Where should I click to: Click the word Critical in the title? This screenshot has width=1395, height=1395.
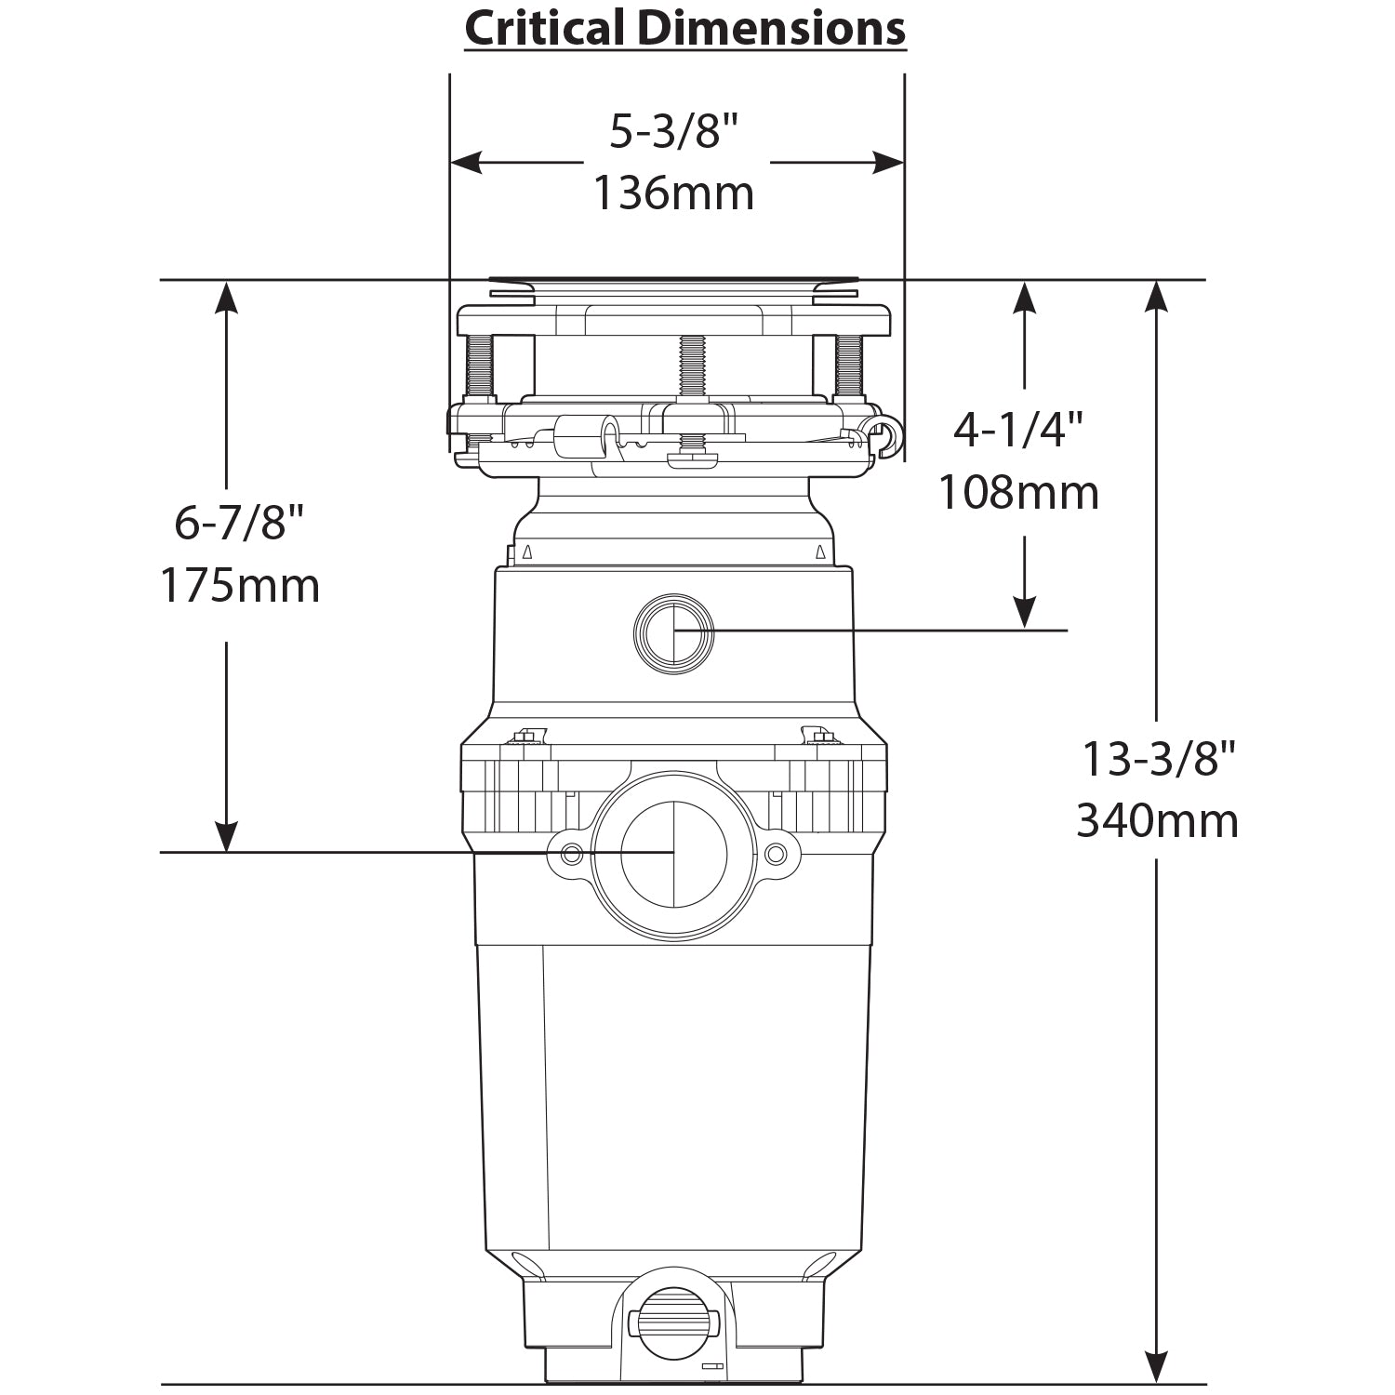pyautogui.click(x=545, y=29)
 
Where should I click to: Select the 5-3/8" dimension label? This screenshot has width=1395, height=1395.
pyautogui.click(x=673, y=132)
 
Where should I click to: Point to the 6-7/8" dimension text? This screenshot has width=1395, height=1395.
pyautogui.click(x=239, y=524)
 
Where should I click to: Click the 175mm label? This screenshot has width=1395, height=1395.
pyautogui.click(x=239, y=586)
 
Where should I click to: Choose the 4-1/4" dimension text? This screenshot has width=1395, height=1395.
pyautogui.click(x=1018, y=430)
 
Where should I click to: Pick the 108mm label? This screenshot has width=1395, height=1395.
pyautogui.click(x=1018, y=492)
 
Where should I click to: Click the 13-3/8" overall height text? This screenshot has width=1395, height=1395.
pyautogui.click(x=1157, y=760)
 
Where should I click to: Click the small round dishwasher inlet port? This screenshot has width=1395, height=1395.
pyautogui.click(x=674, y=633)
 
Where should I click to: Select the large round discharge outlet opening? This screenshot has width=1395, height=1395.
pyautogui.click(x=674, y=854)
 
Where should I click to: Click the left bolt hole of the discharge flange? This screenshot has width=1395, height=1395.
pyautogui.click(x=571, y=854)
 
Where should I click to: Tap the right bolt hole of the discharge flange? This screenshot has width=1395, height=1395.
pyautogui.click(x=776, y=854)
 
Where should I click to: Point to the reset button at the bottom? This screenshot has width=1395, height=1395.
pyautogui.click(x=674, y=1321)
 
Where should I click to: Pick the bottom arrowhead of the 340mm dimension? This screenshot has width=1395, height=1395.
pyautogui.click(x=1156, y=1368)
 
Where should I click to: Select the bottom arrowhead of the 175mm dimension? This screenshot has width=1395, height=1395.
pyautogui.click(x=227, y=836)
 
